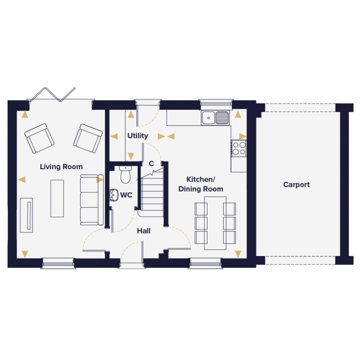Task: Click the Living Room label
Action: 61,166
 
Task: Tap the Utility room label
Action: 138,136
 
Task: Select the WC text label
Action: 126,195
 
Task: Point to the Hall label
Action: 144,231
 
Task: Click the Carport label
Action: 297,184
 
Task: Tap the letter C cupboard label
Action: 151,164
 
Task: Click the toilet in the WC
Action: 126,175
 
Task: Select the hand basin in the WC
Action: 114,195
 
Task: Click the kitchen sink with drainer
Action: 216,118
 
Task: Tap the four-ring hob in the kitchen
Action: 239,148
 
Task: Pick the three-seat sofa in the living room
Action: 92,200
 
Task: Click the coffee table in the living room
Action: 57,198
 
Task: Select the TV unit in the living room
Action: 27,216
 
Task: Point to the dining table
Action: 216,223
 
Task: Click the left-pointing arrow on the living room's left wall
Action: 22,180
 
